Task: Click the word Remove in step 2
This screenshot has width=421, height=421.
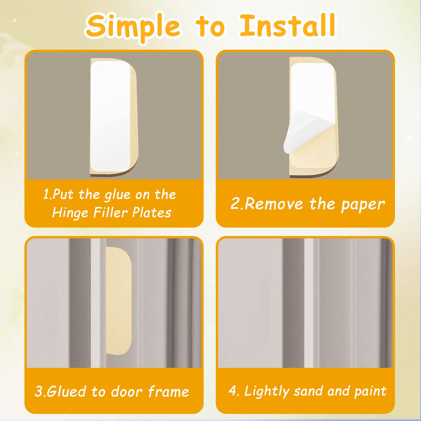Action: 274,204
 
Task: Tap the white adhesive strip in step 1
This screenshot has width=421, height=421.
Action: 110,116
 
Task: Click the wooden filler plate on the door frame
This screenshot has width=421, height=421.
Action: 119,302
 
